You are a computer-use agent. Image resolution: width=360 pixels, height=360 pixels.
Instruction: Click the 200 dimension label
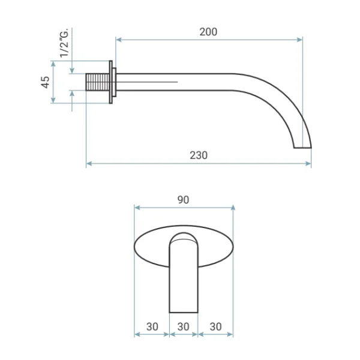[208, 32]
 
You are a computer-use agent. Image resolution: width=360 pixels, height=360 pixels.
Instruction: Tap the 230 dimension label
[199, 155]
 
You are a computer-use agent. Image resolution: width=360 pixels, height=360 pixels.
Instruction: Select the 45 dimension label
[45, 82]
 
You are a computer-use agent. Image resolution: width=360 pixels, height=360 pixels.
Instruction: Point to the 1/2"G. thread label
[64, 43]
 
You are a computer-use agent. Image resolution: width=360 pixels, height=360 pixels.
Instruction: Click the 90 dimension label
[183, 200]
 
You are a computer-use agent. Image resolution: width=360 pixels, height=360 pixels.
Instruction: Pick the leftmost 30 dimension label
[152, 327]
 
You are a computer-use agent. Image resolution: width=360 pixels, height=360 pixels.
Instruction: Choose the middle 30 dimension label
[183, 327]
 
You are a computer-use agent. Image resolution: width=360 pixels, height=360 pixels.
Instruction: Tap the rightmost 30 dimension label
[215, 327]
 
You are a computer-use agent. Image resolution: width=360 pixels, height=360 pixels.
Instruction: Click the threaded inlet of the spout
[97, 82]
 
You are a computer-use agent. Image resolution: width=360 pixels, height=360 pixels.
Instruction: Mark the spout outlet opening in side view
[302, 148]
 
